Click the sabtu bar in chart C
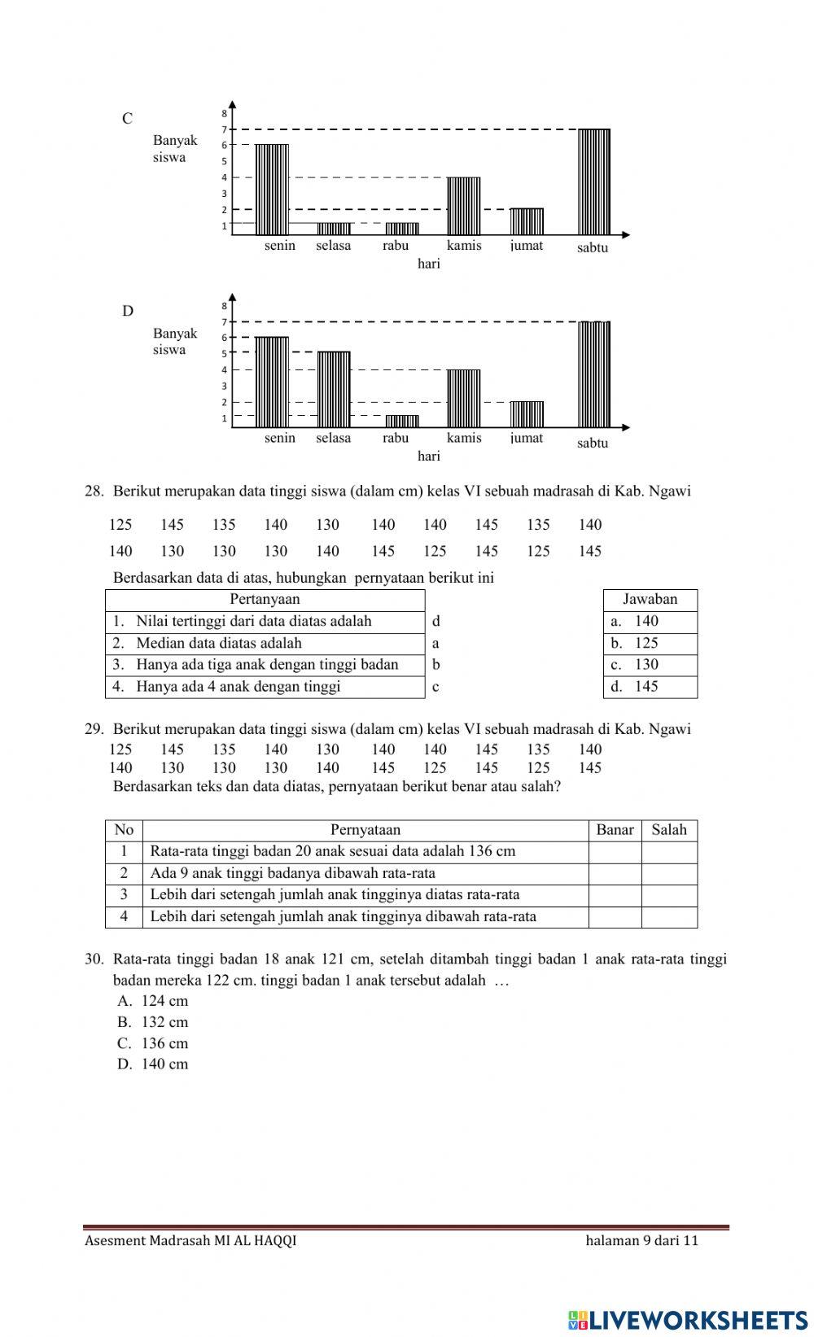click(594, 181)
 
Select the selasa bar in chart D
click(334, 389)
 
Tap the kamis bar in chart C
click(464, 206)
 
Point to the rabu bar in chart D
click(402, 421)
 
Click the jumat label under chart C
click(527, 245)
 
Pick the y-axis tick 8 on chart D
click(225, 306)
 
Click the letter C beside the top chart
click(128, 119)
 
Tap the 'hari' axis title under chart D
click(429, 457)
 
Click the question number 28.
click(94, 492)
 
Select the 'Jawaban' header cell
click(650, 600)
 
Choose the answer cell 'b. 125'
click(650, 643)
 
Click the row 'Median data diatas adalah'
click(265, 643)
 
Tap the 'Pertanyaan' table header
click(265, 600)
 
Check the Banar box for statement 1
click(615, 852)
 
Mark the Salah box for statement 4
click(669, 917)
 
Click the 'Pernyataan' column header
click(365, 830)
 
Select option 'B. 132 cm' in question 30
click(153, 1022)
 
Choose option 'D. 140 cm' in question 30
click(153, 1064)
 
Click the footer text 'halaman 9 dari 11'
click(641, 1241)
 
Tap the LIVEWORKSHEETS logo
click(688, 1319)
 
